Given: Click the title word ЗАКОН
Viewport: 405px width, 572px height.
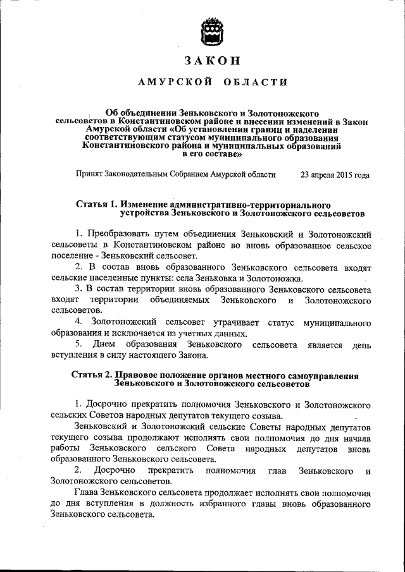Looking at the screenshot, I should coord(212,61).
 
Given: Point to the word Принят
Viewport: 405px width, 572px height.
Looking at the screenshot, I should coord(89,175).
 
